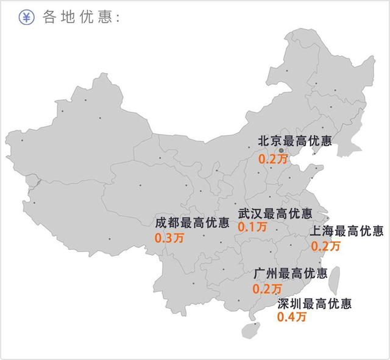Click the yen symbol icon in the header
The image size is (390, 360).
(x=26, y=17)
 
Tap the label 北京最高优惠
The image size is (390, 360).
(x=295, y=141)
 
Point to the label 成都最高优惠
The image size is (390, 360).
(x=192, y=222)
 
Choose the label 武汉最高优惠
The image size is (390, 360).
(x=275, y=214)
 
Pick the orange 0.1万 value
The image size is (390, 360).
(x=252, y=227)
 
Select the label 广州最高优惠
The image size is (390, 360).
(x=290, y=272)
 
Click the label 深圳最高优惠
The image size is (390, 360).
(x=314, y=303)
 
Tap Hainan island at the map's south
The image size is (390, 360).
(x=249, y=330)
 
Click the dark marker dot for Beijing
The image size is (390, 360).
(x=281, y=150)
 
